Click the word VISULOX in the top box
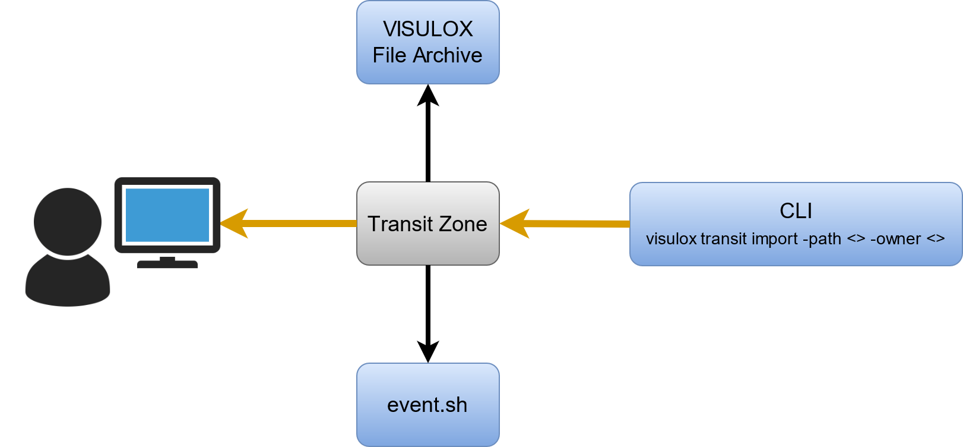click(427, 29)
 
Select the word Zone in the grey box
click(463, 224)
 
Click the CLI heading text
click(796, 211)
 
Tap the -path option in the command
click(822, 239)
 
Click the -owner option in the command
click(895, 239)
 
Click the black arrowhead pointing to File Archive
click(427, 96)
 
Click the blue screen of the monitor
click(167, 215)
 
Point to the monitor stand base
click(167, 264)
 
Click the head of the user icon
click(68, 221)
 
